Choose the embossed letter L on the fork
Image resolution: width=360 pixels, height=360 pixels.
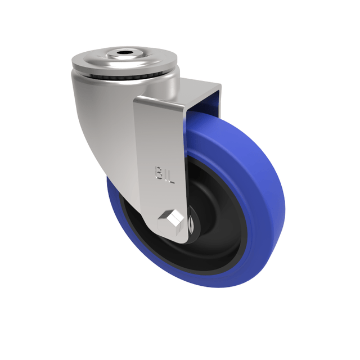tap(171, 178)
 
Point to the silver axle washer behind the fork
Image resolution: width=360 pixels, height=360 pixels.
tap(191, 223)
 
